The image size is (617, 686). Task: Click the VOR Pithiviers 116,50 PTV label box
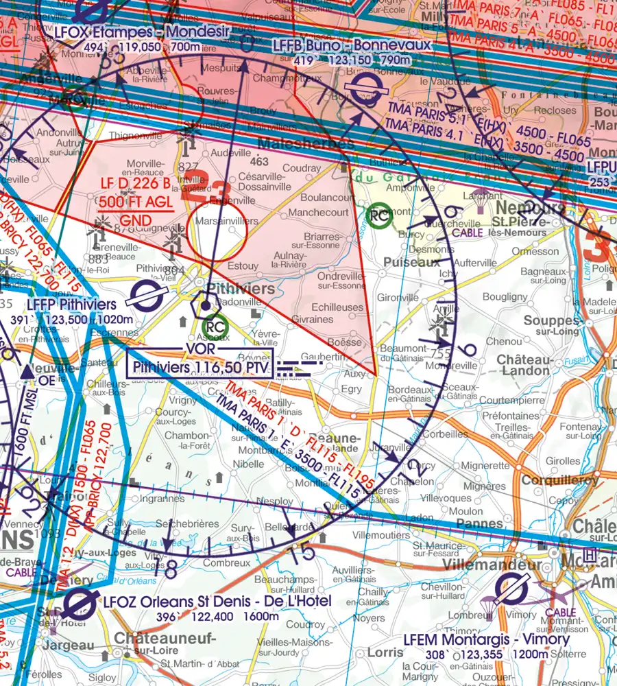(200, 362)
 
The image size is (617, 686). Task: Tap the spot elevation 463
(259, 162)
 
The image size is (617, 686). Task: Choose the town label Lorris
(385, 652)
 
